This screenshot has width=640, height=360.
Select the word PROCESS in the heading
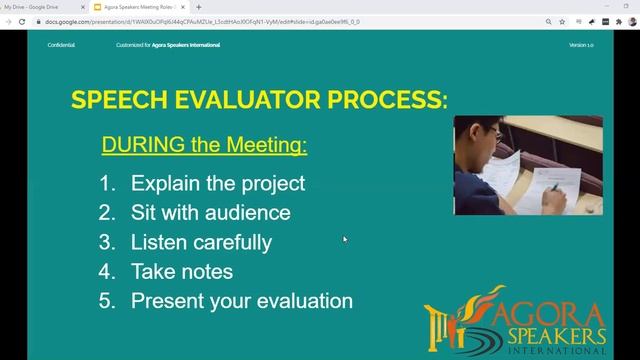385,100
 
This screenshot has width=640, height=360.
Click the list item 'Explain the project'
217,184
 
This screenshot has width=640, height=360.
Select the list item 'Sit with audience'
210,213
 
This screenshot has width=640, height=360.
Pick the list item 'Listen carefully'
201,242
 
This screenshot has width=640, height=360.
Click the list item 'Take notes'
181,271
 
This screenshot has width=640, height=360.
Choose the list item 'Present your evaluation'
241,300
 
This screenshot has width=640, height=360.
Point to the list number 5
106,300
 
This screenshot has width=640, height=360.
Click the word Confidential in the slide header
61,45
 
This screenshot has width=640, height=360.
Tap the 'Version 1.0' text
581,45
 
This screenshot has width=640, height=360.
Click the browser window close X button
630,6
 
